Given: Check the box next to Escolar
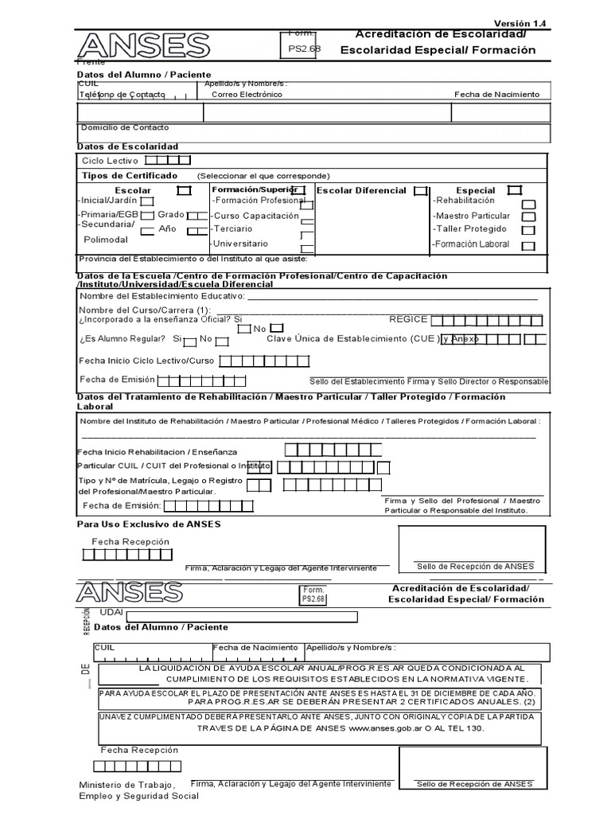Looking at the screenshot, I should (184, 191).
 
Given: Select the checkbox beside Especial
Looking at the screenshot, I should (514, 190).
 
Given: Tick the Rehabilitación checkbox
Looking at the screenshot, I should (528, 204).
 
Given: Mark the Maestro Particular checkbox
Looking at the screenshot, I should (528, 216).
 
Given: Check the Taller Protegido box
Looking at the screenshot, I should (528, 230).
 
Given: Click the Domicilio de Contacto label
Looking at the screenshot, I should (125, 127).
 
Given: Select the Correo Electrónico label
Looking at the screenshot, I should (247, 95).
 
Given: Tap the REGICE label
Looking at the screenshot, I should (408, 319).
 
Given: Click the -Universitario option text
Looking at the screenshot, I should (239, 244).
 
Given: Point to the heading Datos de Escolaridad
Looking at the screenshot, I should (127, 146).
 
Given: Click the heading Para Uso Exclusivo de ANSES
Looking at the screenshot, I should (149, 524).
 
